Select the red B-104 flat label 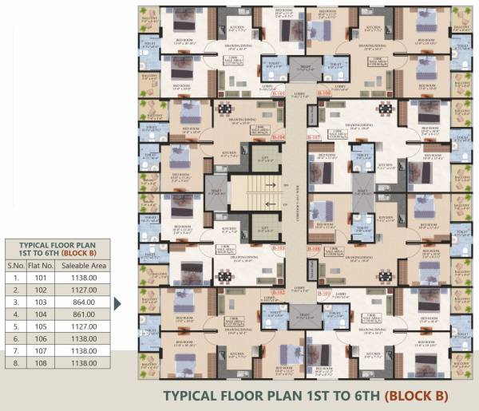[x=278, y=138]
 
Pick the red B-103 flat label [x=279, y=249]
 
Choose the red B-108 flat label [x=314, y=249]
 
